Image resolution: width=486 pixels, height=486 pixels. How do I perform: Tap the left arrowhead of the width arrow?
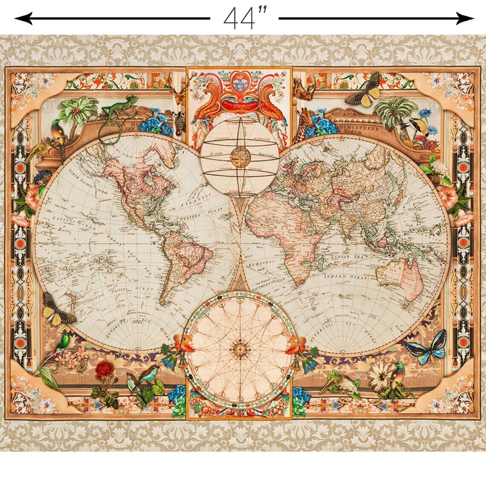pyautogui.click(x=19, y=18)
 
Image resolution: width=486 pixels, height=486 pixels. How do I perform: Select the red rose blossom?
pyautogui.click(x=104, y=369)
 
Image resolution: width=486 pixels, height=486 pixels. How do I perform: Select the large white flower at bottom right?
pyautogui.click(x=379, y=375)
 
